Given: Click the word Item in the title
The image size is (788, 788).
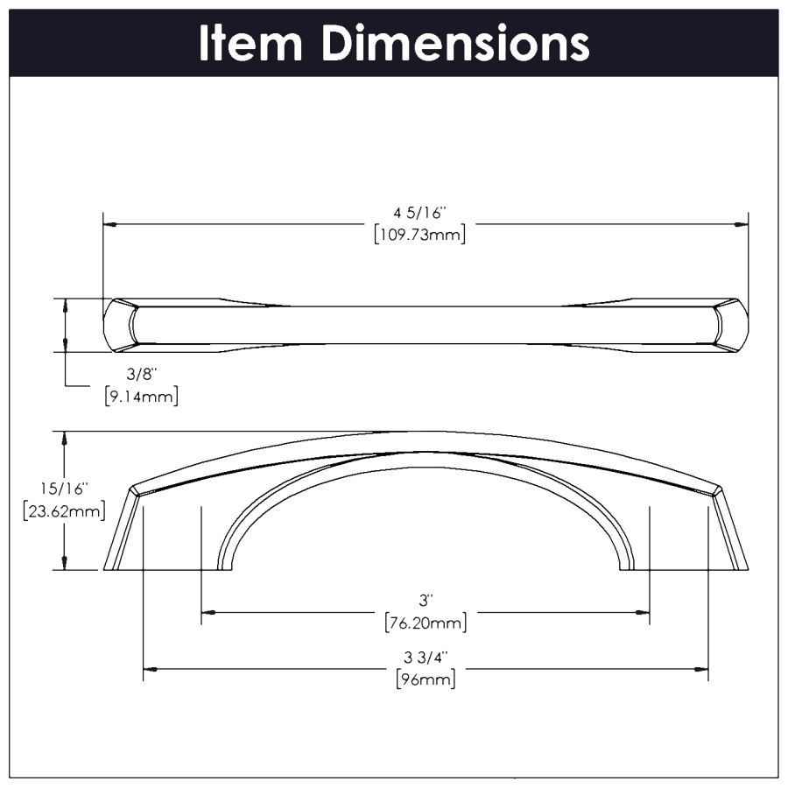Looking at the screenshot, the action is click(250, 43).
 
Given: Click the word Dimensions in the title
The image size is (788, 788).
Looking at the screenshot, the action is click(455, 43).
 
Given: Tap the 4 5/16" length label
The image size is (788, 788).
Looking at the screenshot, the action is click(420, 213).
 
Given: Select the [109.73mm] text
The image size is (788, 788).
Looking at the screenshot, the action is click(420, 234).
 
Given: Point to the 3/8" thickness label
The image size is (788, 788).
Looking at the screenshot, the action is click(142, 374).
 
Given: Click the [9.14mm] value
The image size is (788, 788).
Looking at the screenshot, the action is click(142, 396).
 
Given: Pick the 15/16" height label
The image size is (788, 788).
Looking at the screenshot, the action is click(64, 489).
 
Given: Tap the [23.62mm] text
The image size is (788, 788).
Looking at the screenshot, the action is click(64, 510).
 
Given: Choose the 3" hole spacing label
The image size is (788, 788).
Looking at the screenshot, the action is click(426, 600).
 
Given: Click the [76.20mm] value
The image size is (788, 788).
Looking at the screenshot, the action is click(426, 623).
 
